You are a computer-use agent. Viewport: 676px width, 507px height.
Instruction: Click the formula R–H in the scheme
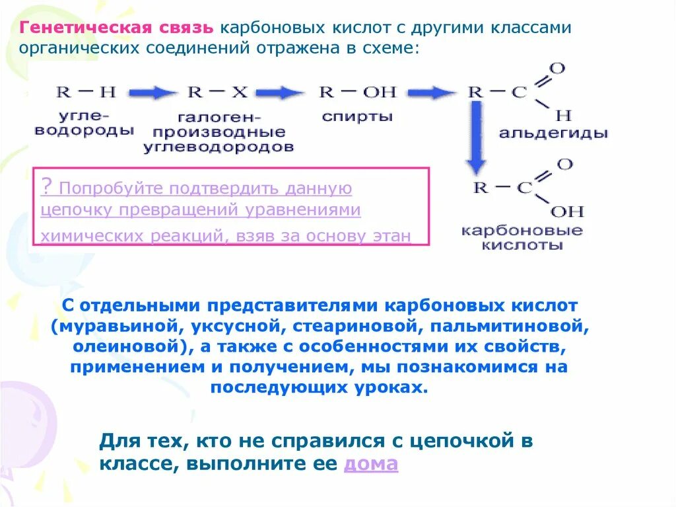pos(86,92)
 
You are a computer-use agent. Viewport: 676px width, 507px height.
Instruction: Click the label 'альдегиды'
pos(553,133)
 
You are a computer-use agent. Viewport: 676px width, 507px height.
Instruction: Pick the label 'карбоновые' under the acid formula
pos(522,231)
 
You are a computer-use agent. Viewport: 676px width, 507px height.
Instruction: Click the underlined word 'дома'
pos(371,463)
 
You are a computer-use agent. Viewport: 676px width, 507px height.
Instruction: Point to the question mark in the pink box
pos(46,186)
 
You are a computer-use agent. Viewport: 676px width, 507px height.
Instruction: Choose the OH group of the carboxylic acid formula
pos(567,212)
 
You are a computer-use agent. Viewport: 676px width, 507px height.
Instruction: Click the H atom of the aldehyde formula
pos(562,116)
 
